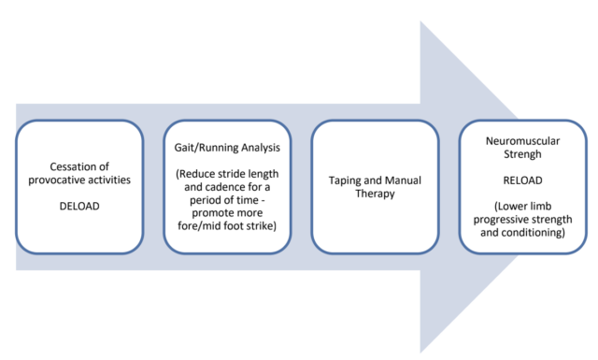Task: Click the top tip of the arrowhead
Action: click(x=421, y=21)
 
